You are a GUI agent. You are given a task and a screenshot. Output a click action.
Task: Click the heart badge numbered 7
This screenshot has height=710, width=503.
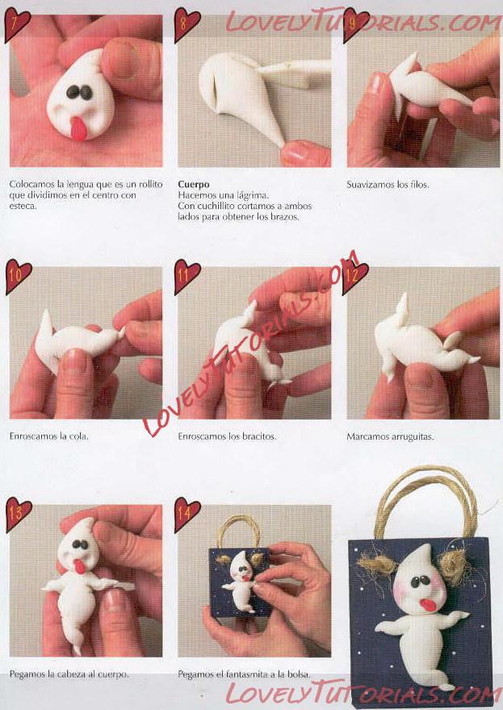pos(17,24)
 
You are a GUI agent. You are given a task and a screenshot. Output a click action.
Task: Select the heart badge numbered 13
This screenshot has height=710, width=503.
pos(18,514)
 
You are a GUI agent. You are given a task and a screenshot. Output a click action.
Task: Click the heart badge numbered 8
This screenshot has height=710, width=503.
pos(187,24)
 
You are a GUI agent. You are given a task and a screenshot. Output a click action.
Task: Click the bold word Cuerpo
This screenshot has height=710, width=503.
pos(194,185)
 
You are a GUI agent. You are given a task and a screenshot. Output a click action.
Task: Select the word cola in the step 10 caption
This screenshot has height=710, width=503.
pos(80,436)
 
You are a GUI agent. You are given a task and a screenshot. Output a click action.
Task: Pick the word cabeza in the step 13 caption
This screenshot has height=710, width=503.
pos(73,674)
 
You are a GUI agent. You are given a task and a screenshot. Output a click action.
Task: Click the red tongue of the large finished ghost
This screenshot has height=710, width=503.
pos(427,605)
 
